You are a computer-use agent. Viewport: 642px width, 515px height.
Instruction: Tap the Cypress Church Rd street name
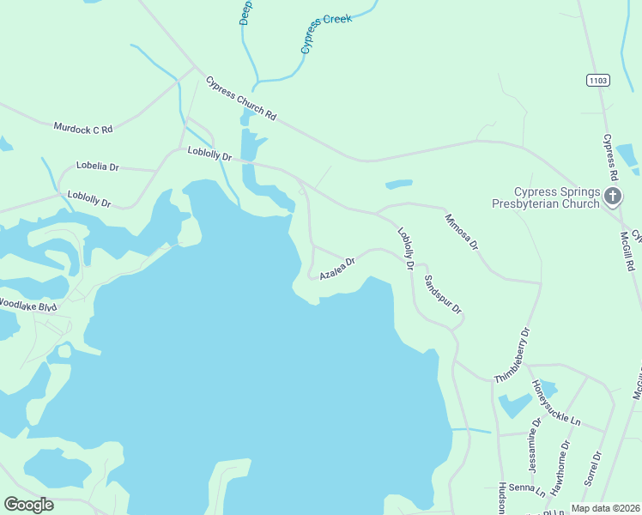241,99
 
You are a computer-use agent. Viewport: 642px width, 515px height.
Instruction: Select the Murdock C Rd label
83,128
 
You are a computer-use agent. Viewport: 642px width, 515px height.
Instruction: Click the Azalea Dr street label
337,269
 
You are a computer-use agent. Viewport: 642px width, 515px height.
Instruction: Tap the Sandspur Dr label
444,295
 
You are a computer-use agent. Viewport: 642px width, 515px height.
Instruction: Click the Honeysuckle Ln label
555,403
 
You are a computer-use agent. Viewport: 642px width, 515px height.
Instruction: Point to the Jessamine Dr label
536,440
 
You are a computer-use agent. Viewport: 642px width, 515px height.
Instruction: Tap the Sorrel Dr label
593,469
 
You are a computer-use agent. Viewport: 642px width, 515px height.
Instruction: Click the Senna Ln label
527,490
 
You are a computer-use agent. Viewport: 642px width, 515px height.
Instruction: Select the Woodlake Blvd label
27,305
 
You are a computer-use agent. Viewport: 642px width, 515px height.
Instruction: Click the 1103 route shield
598,80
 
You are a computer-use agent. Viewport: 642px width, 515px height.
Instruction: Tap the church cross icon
613,197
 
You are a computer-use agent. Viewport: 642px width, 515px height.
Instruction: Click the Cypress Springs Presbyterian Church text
545,198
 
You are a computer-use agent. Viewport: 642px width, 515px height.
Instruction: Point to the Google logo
28,505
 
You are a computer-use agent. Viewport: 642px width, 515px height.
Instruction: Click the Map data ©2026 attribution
606,508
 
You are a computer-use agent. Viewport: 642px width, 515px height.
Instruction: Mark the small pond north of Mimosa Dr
398,184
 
